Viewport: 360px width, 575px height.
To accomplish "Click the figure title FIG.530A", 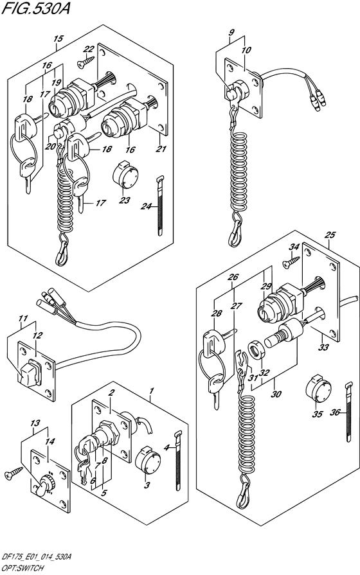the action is pos(35,8).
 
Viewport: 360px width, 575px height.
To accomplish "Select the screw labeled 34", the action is pos(291,261).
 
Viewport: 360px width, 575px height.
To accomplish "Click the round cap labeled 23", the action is pos(125,176).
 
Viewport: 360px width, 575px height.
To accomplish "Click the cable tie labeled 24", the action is pos(159,206).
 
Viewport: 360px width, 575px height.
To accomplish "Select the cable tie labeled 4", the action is pos(178,460).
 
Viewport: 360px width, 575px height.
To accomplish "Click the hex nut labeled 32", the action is pos(257,349).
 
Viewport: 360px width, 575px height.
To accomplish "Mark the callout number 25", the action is pos(330,234).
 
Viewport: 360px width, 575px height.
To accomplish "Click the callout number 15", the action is pos(59,39).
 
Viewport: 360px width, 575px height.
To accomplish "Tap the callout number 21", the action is pos(161,148).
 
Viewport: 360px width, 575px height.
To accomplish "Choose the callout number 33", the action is pos(323,347).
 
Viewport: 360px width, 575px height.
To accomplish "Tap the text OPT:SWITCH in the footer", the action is pos(22,568).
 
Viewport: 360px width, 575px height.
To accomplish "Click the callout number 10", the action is pos(246,50).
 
